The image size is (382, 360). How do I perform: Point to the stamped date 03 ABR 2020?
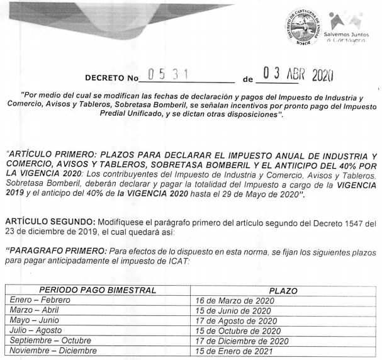[298, 76]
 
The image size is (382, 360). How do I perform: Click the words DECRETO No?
[111, 81]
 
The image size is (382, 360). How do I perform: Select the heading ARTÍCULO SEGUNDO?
[50, 223]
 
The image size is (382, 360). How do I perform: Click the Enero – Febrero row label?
[40, 300]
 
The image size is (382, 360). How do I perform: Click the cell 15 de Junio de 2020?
[233, 311]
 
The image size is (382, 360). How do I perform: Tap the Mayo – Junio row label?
[35, 320]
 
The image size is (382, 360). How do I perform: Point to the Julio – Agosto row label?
[35, 330]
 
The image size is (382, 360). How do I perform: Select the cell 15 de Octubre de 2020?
[238, 331]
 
